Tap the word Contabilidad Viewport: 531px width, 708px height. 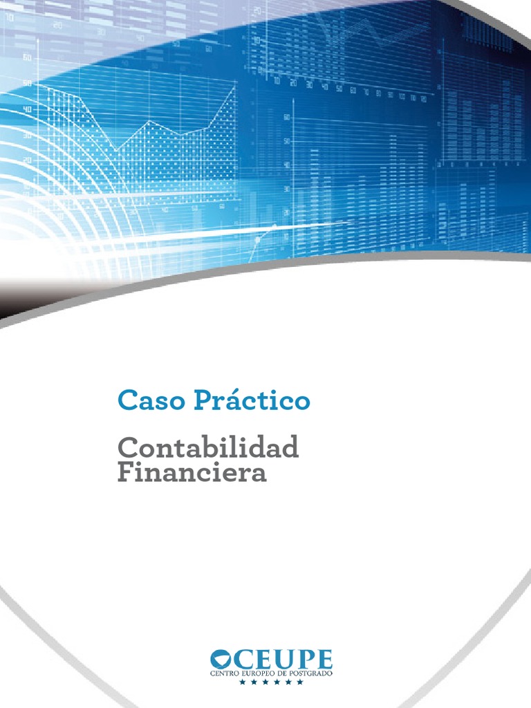[x=208, y=447]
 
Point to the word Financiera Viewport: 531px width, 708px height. [x=192, y=474]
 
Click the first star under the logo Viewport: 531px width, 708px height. [x=242, y=682]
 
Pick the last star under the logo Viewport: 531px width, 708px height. [x=300, y=682]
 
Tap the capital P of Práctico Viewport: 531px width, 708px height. [x=196, y=400]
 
